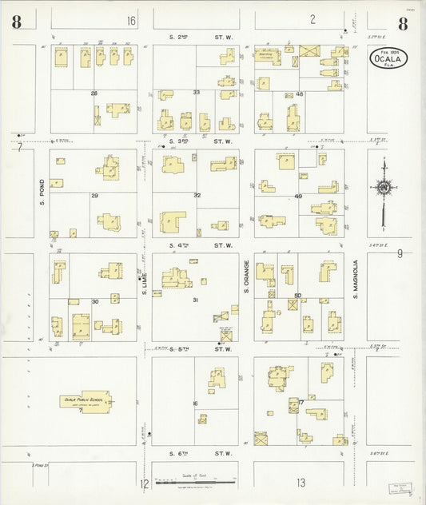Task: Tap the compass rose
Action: tap(384, 189)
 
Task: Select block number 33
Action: tap(196, 93)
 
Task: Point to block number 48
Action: tap(299, 94)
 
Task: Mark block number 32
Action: tap(196, 195)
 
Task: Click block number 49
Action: tap(299, 196)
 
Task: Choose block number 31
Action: tap(196, 300)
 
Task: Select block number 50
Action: tap(297, 296)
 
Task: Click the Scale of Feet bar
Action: tap(194, 483)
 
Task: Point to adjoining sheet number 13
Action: tap(301, 483)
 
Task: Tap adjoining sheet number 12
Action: tap(145, 483)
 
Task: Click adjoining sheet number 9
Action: tap(399, 254)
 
